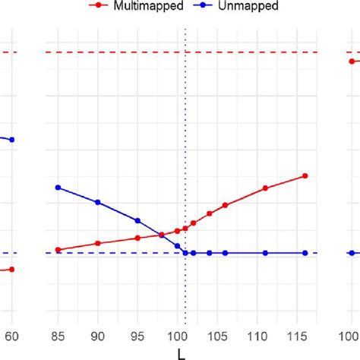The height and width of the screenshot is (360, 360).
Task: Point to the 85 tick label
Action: tap(58, 336)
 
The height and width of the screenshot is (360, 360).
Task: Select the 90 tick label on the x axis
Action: tap(97, 336)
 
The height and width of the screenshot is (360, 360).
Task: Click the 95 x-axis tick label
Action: tap(137, 336)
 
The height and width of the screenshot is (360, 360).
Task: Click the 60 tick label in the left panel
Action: tap(11, 336)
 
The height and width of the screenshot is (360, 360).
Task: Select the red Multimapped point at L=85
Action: tap(58, 249)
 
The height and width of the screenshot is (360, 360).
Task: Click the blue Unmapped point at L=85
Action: tap(58, 187)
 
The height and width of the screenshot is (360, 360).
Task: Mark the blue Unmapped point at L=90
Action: tap(97, 202)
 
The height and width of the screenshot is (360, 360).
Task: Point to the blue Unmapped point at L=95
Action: tap(137, 220)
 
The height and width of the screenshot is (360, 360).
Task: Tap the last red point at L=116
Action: tap(305, 175)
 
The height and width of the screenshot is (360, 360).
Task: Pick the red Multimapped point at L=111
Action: tap(265, 188)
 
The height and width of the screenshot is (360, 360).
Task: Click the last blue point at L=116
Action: tap(305, 253)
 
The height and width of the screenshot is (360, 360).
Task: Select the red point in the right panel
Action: tap(352, 62)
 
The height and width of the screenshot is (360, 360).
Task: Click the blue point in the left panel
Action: tap(11, 140)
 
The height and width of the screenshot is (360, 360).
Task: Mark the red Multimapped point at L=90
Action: tap(97, 243)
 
